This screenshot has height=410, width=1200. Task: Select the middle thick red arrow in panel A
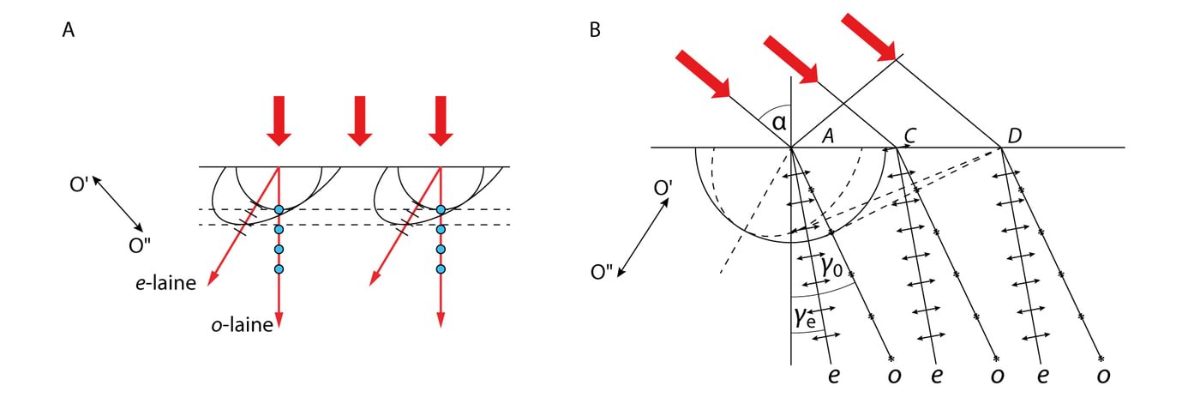(360, 119)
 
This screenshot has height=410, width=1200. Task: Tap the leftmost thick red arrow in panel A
(279, 119)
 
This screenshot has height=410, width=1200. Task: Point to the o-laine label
(244, 325)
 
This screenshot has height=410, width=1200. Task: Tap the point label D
(1015, 136)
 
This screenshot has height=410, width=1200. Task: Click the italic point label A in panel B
(828, 136)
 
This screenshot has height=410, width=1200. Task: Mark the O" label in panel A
(141, 246)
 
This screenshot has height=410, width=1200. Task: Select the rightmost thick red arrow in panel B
(868, 37)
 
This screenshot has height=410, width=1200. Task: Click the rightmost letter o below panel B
(1103, 377)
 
